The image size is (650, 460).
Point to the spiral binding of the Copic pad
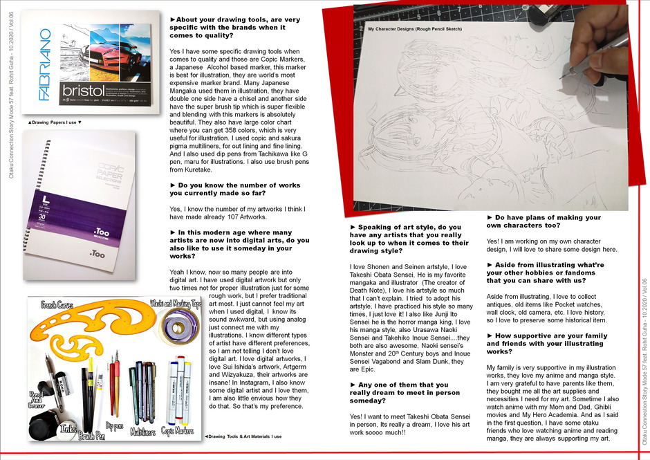pos(30,201)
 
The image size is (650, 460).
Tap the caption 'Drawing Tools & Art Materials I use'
pos(244,436)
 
